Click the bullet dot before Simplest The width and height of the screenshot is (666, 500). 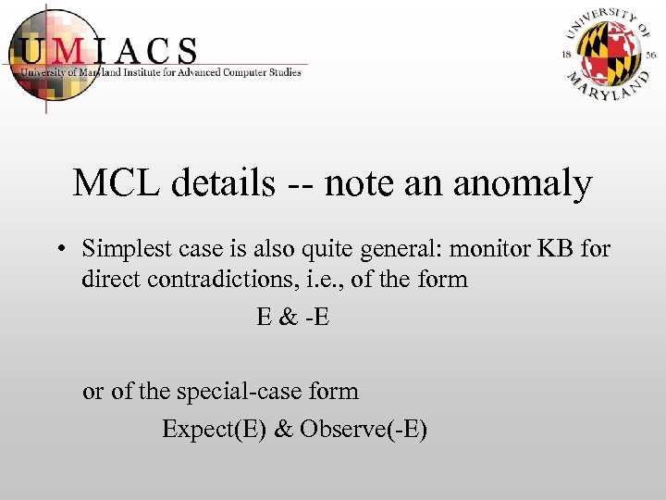[59, 250]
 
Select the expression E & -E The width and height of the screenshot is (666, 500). [293, 317]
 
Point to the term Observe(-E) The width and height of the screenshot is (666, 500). [364, 430]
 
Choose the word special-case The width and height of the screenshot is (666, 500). [244, 392]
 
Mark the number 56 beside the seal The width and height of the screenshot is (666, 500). [651, 55]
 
